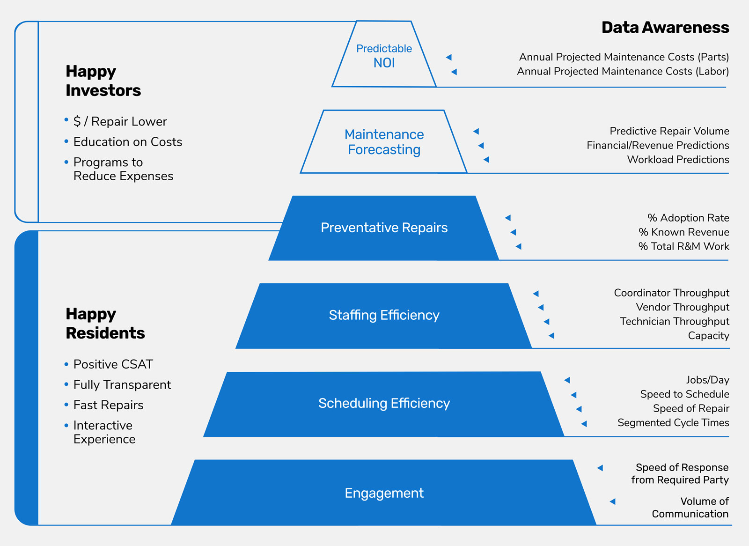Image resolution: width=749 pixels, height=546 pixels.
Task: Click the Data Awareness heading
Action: pos(665,28)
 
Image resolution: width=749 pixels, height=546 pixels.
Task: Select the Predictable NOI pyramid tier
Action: pos(384,56)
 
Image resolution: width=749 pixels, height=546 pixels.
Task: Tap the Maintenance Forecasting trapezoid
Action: pos(384,142)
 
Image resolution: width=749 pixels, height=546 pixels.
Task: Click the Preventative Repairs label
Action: pos(384,228)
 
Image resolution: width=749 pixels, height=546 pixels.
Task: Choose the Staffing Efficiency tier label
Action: pos(384,315)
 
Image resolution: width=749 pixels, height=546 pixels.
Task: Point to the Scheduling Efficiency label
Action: pos(384,403)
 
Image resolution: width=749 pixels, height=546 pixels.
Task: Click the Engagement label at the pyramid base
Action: pos(384,493)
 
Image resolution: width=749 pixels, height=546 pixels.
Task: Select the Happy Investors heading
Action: pos(103,81)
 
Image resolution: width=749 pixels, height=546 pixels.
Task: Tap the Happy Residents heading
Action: pos(105,323)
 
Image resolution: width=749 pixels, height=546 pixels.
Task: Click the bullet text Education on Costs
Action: pos(127,142)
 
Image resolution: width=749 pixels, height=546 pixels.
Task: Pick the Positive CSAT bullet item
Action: pos(113,364)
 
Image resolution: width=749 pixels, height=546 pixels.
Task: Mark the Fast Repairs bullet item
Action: pos(108,405)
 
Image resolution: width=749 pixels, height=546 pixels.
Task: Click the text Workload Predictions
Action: pos(678,160)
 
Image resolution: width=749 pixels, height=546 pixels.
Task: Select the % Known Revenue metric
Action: pos(683,232)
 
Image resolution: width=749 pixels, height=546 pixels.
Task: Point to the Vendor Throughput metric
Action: pos(682,307)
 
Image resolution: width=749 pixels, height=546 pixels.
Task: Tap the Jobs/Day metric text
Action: pos(707,380)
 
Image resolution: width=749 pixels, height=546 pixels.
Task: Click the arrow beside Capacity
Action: pos(551,336)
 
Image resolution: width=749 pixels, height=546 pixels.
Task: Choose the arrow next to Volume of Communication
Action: pos(612,502)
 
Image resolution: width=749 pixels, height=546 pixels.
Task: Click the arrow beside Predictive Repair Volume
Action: pos(476,132)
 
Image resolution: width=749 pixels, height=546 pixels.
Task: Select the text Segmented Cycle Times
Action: pos(673,423)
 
